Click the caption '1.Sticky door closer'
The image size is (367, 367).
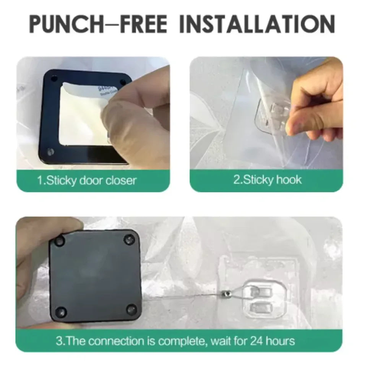[x=87, y=180]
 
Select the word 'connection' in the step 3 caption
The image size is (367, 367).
[x=127, y=341]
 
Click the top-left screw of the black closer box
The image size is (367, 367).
[x=60, y=241]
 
